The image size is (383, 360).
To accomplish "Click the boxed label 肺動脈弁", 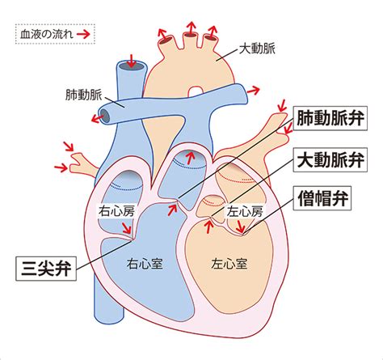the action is [330, 118].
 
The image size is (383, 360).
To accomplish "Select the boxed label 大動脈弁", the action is [330, 159].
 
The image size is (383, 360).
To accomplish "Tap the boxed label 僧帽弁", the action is [322, 198].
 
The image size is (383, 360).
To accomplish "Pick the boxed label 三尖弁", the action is [46, 269].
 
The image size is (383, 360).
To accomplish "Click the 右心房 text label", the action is [116, 211].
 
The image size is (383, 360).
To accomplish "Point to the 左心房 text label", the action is [245, 211].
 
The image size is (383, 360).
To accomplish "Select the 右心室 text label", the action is [145, 264].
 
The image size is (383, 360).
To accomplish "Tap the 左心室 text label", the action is [229, 264].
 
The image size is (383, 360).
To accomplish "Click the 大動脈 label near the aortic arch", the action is [257, 49].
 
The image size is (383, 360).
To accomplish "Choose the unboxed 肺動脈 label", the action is [84, 95].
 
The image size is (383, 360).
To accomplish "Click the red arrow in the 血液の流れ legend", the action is [83, 34].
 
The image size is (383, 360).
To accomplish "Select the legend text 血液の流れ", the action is [47, 34].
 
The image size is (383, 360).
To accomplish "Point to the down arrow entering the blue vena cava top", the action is [132, 61].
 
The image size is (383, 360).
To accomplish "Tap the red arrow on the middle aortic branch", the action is [191, 28].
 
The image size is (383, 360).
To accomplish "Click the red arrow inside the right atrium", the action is [126, 228].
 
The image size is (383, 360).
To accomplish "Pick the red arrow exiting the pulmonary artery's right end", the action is [253, 91].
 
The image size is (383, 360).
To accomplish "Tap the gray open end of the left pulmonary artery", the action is [105, 116].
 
